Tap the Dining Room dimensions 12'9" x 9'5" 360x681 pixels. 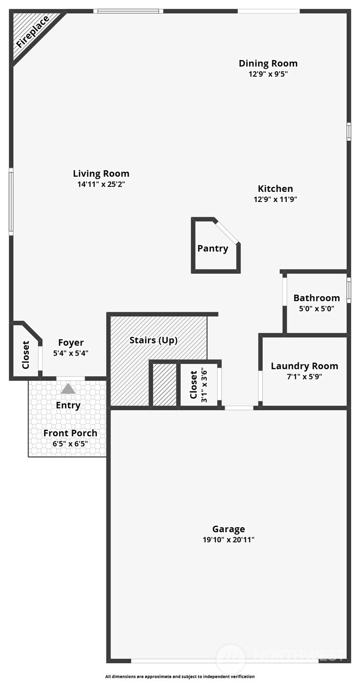pyautogui.click(x=268, y=74)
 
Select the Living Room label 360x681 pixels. pyautogui.click(x=101, y=174)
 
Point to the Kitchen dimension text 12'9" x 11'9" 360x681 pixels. pyautogui.click(x=275, y=200)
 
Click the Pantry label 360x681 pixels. pyautogui.click(x=212, y=248)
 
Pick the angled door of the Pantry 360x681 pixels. pyautogui.click(x=228, y=232)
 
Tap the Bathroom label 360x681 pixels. pyautogui.click(x=316, y=298)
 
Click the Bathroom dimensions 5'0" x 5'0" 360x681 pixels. pyautogui.click(x=316, y=309)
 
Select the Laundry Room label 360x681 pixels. pyautogui.click(x=304, y=366)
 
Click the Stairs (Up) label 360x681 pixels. pyautogui.click(x=153, y=340)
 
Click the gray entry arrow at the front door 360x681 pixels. pyautogui.click(x=68, y=389)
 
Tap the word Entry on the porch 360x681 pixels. pyautogui.click(x=68, y=405)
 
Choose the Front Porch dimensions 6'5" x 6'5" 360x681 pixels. pyautogui.click(x=70, y=444)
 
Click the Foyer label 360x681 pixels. pyautogui.click(x=71, y=342)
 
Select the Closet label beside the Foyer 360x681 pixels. pyautogui.click(x=26, y=355)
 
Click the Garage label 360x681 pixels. pyautogui.click(x=228, y=529)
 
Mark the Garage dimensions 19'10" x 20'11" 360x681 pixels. pyautogui.click(x=228, y=540)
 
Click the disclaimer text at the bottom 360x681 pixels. pyautogui.click(x=180, y=676)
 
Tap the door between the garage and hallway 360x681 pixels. pyautogui.click(x=239, y=408)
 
